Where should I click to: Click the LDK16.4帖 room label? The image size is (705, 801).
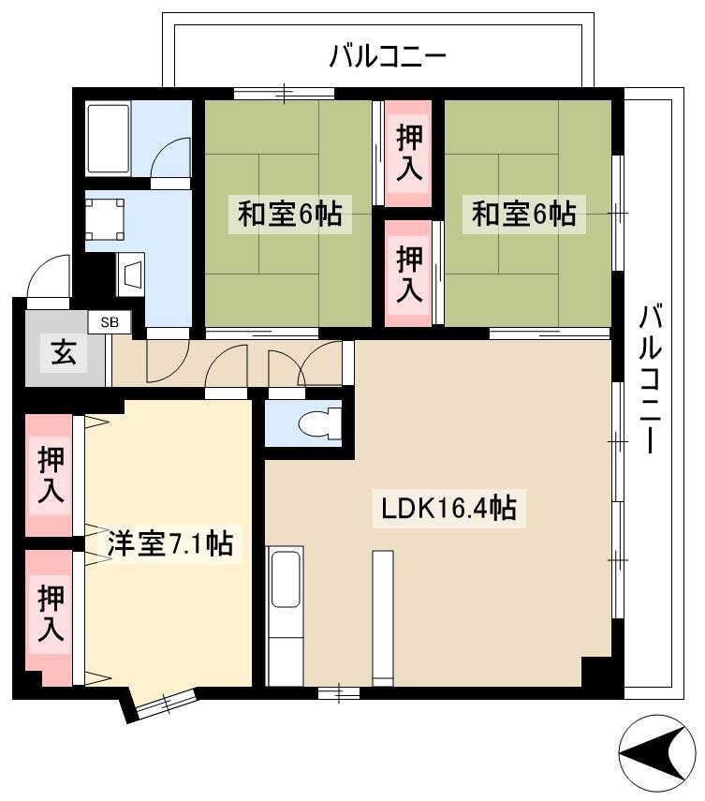pos(449,508)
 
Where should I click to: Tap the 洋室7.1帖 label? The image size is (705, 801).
pos(170,543)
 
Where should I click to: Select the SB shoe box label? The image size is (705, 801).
pos(110,322)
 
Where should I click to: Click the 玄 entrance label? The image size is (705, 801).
pos(64,352)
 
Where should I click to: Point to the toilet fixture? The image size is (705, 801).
pos(321,423)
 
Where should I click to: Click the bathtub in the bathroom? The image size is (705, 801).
pos(108,139)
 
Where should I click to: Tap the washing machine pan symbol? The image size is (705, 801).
pos(105,219)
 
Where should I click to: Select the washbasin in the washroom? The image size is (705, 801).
pos(131,274)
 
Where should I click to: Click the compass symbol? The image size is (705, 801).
pos(656,753)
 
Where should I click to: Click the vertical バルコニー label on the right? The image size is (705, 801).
pos(651,378)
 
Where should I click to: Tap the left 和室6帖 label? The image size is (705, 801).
pos(289,214)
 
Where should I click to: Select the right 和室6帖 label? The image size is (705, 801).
pos(523,214)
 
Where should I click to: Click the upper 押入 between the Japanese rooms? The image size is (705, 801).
pos(409,153)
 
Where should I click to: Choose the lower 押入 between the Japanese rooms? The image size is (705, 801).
pos(409,273)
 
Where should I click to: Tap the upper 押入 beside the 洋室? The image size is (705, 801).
pos(51,475)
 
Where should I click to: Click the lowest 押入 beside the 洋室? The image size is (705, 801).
pos(51,613)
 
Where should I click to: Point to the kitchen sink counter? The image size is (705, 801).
pos(285,616)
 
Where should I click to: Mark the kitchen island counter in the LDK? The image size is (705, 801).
pos(383,618)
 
